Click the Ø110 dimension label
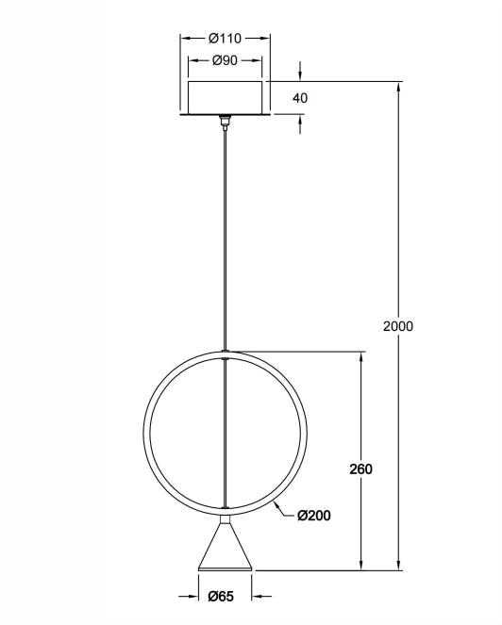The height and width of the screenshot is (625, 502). (x=225, y=39)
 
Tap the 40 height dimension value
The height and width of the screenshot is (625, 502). (x=301, y=97)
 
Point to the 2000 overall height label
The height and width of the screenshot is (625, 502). (x=398, y=326)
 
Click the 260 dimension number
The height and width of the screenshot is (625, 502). (x=361, y=469)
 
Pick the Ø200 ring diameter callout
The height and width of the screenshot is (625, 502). (x=314, y=516)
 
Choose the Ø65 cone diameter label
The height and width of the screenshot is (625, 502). (x=224, y=596)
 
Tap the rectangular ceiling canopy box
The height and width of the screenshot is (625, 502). (x=225, y=97)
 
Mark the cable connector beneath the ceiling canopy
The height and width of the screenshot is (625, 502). (x=225, y=120)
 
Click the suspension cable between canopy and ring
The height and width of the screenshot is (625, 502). (x=225, y=236)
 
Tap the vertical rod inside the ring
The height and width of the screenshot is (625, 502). (x=225, y=434)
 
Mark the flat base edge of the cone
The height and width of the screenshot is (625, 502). (x=225, y=569)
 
